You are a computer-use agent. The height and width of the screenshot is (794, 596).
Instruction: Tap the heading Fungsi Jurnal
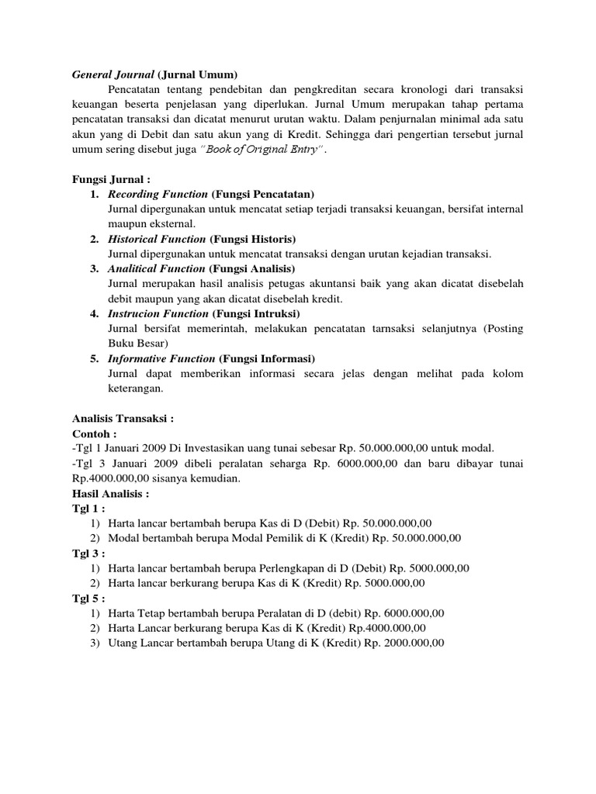105,179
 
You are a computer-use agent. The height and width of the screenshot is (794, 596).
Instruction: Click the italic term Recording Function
158,194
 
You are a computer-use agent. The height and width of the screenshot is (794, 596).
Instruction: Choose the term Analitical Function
156,269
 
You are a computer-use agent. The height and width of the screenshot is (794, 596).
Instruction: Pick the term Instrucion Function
158,313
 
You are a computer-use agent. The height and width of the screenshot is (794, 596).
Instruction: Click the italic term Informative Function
161,358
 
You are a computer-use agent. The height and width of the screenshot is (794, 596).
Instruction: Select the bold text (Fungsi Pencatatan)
263,194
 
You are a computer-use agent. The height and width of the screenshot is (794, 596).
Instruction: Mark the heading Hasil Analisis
110,492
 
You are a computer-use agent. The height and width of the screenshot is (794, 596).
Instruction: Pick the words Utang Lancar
143,642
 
